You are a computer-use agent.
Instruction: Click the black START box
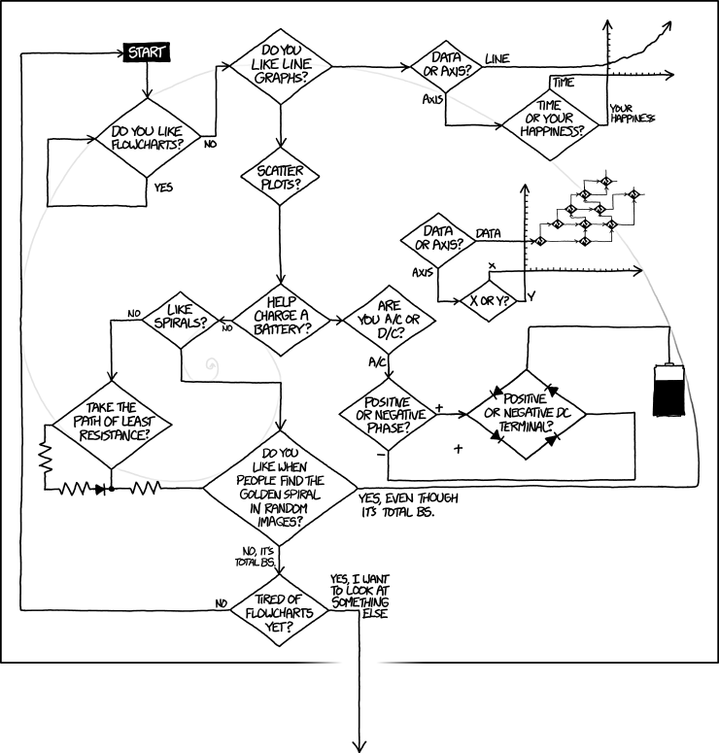146,51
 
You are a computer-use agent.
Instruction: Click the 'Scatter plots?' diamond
279,177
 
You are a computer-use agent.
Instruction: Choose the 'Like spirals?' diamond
180,316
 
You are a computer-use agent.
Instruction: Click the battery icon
668,390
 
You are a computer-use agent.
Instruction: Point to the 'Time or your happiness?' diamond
547,120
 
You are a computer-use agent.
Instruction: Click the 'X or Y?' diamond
490,300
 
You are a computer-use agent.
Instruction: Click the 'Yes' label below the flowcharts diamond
163,188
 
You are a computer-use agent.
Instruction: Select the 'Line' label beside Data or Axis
496,59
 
